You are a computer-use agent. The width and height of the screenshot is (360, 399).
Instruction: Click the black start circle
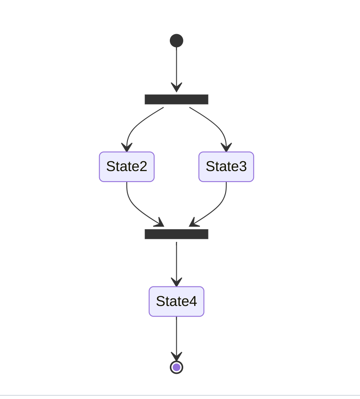pyautogui.click(x=176, y=41)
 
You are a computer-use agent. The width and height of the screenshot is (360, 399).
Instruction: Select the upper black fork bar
pyautogui.click(x=176, y=100)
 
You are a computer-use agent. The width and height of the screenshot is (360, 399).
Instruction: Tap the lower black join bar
pyautogui.click(x=176, y=234)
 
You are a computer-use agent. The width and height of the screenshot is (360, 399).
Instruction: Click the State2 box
pyautogui.click(x=127, y=167)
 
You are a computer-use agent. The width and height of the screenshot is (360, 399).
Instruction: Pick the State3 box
pyautogui.click(x=226, y=167)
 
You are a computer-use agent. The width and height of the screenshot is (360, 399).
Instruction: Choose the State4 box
pyautogui.click(x=176, y=301)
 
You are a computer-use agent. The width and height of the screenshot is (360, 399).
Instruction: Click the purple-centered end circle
pyautogui.click(x=176, y=367)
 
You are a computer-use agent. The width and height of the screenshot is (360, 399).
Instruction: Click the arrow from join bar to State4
pyautogui.click(x=176, y=262)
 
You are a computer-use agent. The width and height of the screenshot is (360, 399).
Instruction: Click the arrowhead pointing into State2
pyautogui.click(x=127, y=147)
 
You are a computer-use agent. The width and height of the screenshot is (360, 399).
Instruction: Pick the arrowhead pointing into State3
pyautogui.click(x=226, y=147)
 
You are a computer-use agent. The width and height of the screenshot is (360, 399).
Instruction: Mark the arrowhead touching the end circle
pyautogui.click(x=176, y=357)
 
